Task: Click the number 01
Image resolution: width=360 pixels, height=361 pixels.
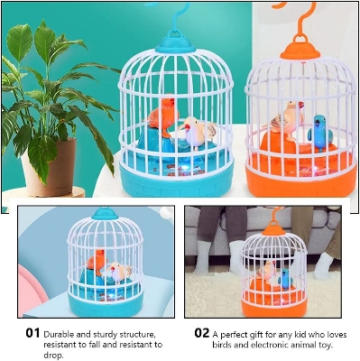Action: coord(32,333)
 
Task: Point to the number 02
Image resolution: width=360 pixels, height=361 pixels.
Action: coord(200,333)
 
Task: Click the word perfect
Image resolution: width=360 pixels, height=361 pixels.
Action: coord(235,333)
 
